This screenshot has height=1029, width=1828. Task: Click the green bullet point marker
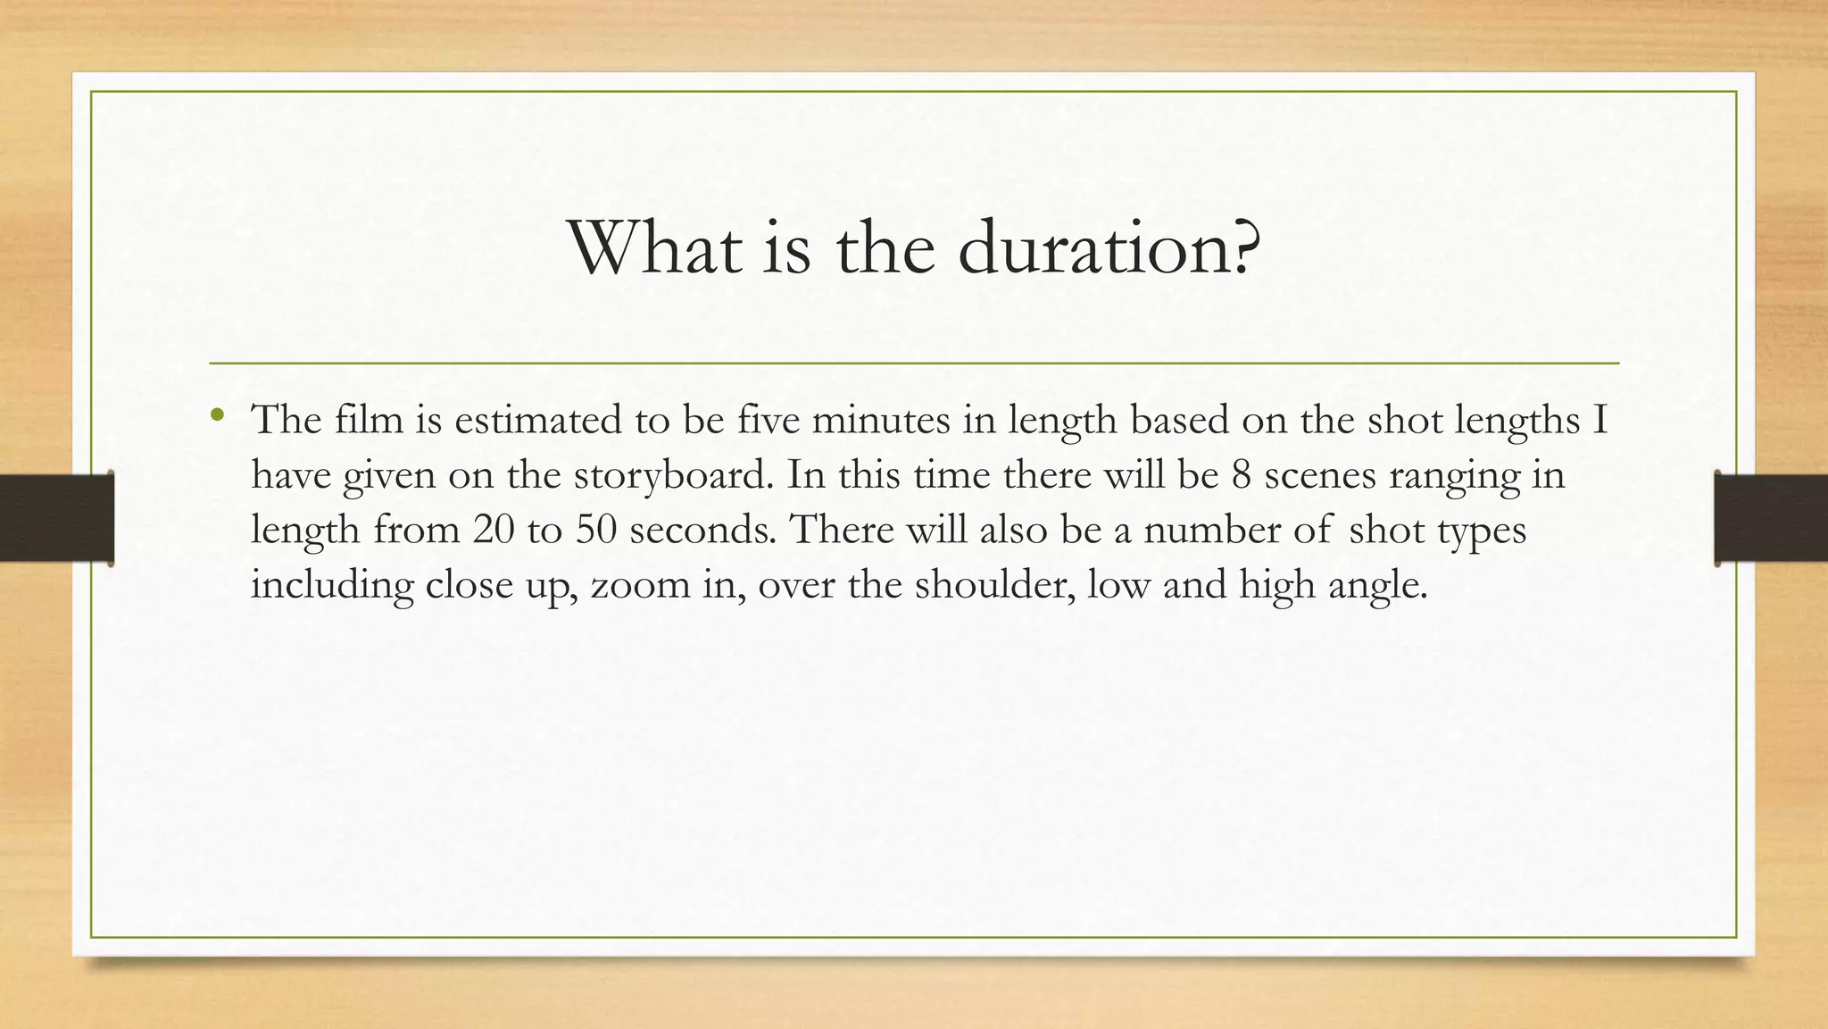[x=217, y=414]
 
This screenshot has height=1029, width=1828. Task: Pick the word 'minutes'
[x=881, y=419]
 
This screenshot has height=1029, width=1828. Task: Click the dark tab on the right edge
[x=1771, y=518]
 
